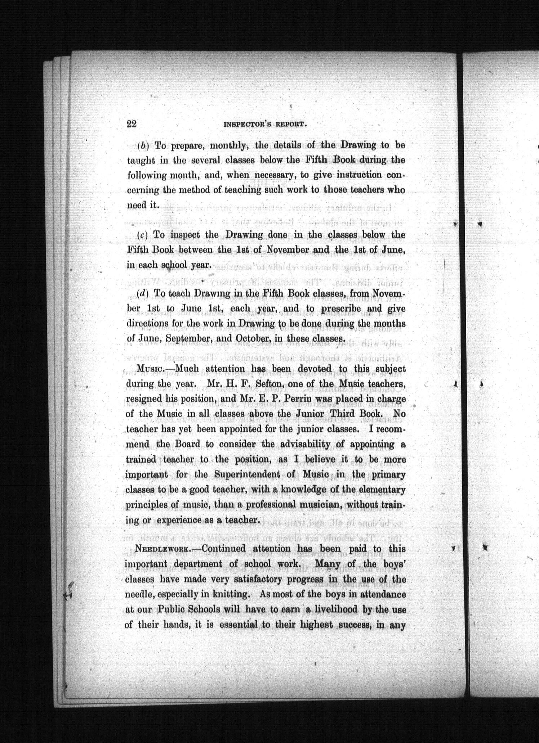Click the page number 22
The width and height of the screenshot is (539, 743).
pyautogui.click(x=131, y=124)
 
